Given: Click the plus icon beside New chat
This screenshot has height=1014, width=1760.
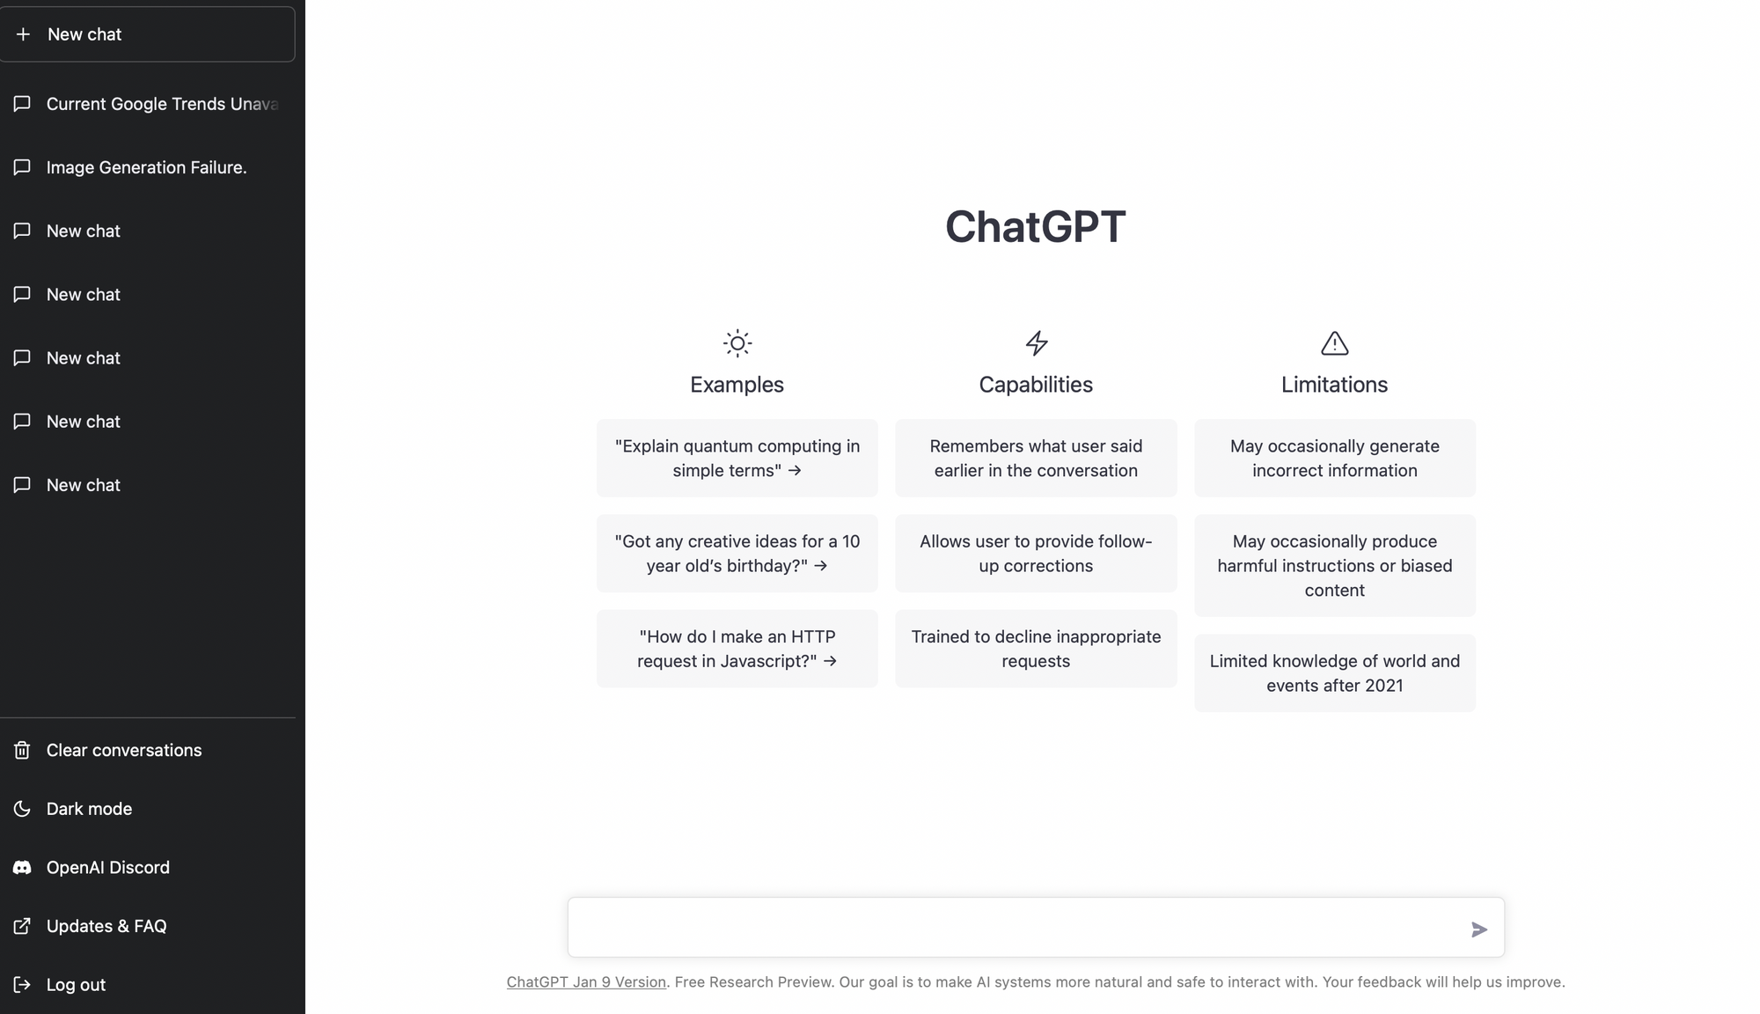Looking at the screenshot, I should click(x=24, y=34).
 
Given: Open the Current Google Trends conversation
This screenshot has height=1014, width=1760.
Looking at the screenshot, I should click(x=162, y=104).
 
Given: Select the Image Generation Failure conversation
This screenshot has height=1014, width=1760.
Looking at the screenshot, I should click(x=146, y=167).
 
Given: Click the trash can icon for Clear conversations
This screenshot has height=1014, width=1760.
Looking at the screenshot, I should click(x=22, y=750).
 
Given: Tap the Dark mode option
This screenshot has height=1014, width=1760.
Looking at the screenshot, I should click(x=89, y=809).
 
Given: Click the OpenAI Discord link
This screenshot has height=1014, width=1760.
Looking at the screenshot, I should click(x=107, y=868).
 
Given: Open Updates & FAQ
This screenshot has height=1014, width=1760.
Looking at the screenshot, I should click(x=106, y=926).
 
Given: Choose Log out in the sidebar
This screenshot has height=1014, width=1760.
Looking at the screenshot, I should click(x=76, y=985).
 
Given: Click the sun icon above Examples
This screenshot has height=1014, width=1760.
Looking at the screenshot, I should click(x=737, y=343).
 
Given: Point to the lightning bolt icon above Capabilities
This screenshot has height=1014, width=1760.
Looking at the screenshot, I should click(x=1037, y=343).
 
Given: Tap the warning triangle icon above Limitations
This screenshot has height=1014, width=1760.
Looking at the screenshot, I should click(x=1335, y=343).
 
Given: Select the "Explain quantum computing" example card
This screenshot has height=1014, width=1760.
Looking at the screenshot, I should click(x=737, y=459).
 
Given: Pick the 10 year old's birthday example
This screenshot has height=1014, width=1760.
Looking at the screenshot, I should click(x=737, y=554).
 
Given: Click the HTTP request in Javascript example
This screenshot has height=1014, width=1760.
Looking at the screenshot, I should click(x=737, y=649).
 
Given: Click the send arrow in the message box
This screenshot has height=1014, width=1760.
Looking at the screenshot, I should click(x=1478, y=929).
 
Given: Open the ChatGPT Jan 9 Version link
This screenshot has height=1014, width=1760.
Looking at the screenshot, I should click(x=586, y=982).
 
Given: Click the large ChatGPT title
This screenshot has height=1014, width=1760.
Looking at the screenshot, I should click(x=1036, y=227).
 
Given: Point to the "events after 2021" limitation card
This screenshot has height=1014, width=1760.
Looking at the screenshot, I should click(x=1335, y=673).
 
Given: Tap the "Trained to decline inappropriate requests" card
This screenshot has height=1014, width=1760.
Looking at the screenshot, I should click(x=1036, y=649).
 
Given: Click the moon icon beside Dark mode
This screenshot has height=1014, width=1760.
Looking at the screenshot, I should click(x=22, y=809).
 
